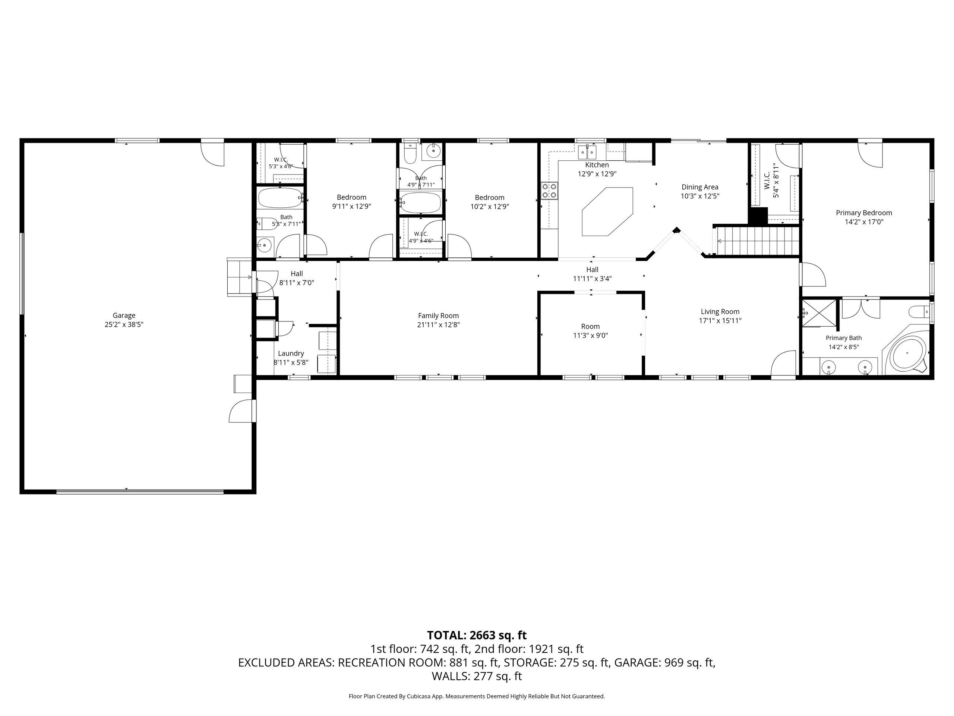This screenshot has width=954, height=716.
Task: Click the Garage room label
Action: [124, 315]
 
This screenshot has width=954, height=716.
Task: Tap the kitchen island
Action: [607, 211]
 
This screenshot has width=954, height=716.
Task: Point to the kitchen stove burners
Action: [549, 190]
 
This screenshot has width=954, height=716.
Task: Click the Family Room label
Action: [438, 315]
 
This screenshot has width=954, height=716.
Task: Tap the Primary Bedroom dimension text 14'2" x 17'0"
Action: [864, 222]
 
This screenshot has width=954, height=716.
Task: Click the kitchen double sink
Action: [587, 152]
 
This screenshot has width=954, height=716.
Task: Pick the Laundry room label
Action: [291, 353]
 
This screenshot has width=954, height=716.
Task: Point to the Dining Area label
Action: [700, 187]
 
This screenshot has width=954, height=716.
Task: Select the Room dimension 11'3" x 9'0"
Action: [590, 335]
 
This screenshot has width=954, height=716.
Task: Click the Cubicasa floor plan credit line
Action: [477, 696]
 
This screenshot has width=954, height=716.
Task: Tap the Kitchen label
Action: [597, 165]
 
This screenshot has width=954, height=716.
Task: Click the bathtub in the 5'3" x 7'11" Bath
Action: [280, 198]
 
